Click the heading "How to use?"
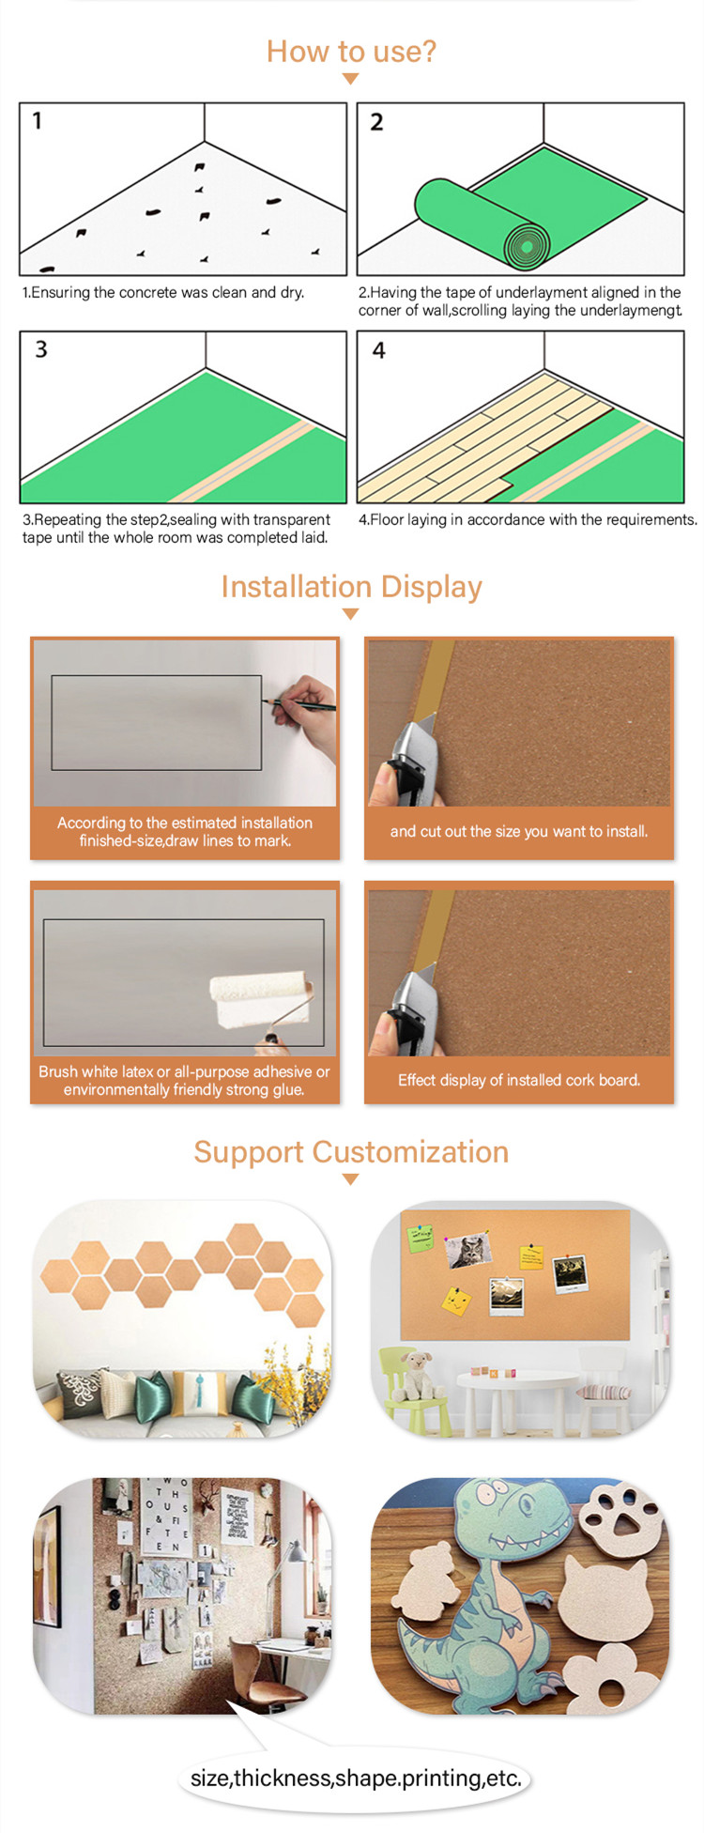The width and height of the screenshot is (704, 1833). click(351, 51)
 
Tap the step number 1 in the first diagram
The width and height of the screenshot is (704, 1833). click(38, 120)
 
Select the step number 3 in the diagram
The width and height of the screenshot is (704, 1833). click(41, 349)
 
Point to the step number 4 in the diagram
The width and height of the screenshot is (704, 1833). click(378, 350)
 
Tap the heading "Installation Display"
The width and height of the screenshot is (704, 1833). click(351, 587)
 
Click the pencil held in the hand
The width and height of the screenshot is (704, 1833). click(298, 700)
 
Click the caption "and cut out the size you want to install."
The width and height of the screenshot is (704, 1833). click(519, 831)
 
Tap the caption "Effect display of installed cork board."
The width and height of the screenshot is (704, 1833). click(519, 1080)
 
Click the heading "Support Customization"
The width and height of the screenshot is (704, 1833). click(351, 1152)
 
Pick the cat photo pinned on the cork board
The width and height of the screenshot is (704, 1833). click(468, 1250)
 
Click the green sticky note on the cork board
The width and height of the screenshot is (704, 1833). click(421, 1238)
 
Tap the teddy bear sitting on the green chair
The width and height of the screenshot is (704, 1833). click(415, 1375)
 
